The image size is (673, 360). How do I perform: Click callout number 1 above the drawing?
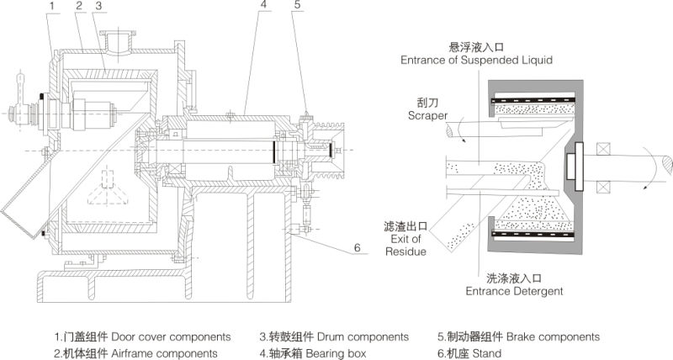51,6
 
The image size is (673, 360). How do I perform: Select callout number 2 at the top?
77,6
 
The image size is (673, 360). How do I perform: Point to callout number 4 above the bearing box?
262,5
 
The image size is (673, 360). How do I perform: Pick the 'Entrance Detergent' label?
513,291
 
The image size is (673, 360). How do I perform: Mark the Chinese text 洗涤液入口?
513,278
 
